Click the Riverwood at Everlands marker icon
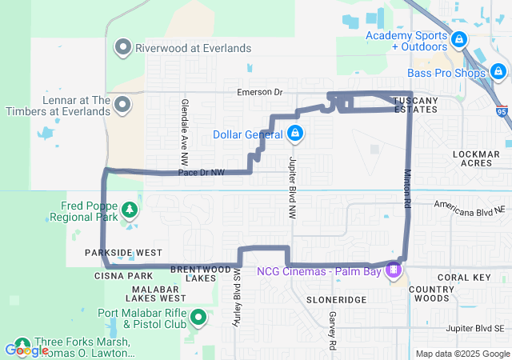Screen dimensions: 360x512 (x=123, y=47)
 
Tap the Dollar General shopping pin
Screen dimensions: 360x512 (x=295, y=133)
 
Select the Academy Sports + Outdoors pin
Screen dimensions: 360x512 (x=458, y=38)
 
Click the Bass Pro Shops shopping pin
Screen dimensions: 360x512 (x=499, y=74)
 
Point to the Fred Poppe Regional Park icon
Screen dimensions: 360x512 (x=129, y=210)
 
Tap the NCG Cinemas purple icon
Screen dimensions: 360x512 (x=393, y=270)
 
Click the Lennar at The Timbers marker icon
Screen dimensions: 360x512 (x=123, y=105)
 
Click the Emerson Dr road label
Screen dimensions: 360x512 (x=260, y=93)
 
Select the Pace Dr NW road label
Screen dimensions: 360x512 (x=202, y=172)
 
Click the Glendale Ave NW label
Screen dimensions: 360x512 (x=184, y=125)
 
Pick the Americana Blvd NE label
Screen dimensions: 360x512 (x=471, y=205)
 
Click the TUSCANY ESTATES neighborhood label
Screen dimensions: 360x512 (x=416, y=104)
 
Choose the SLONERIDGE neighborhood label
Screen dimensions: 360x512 (x=336, y=298)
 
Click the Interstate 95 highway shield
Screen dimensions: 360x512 (x=501, y=113)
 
